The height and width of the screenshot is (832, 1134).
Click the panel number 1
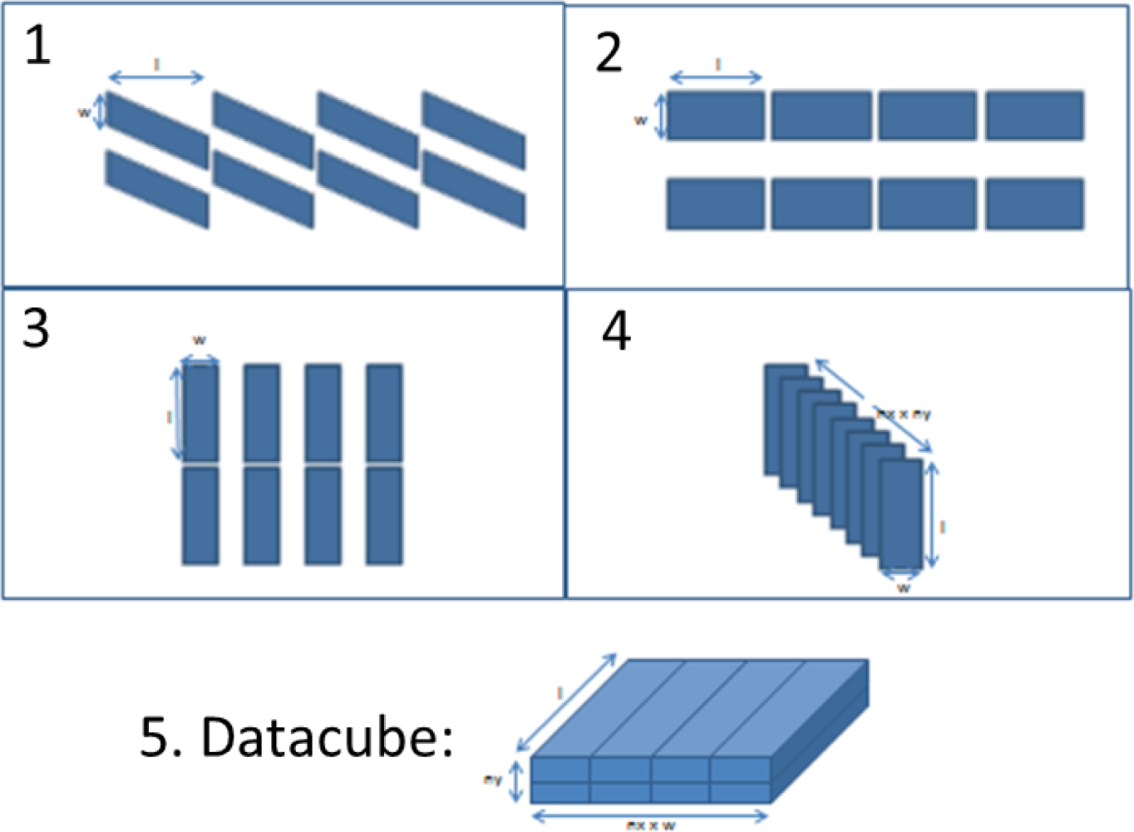pyautogui.click(x=37, y=46)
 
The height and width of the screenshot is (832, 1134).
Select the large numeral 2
pyautogui.click(x=609, y=53)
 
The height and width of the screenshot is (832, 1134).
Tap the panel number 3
pyautogui.click(x=36, y=328)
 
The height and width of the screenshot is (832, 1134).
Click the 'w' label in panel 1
pyautogui.click(x=84, y=112)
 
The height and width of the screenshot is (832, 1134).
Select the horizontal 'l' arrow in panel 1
pyautogui.click(x=156, y=78)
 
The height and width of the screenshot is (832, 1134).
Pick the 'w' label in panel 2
pyautogui.click(x=641, y=121)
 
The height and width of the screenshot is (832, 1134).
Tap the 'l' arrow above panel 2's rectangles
pyautogui.click(x=716, y=78)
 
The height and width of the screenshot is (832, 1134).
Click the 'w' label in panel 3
pyautogui.click(x=200, y=340)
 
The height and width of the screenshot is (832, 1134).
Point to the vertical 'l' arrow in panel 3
pyautogui.click(x=175, y=414)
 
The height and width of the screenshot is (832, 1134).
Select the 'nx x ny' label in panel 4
pyautogui.click(x=905, y=414)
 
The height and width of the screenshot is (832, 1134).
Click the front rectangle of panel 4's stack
pyautogui.click(x=901, y=513)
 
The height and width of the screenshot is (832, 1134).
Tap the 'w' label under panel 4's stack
pyautogui.click(x=904, y=588)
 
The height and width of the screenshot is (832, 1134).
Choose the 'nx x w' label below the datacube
pyautogui.click(x=651, y=825)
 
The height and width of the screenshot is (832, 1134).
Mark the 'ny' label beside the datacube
pyautogui.click(x=492, y=780)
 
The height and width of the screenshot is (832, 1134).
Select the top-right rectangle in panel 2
pyautogui.click(x=1034, y=116)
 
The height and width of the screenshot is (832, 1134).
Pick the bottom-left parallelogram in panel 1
pyautogui.click(x=156, y=189)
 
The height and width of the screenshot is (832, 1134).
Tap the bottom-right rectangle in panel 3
pyautogui.click(x=384, y=516)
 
